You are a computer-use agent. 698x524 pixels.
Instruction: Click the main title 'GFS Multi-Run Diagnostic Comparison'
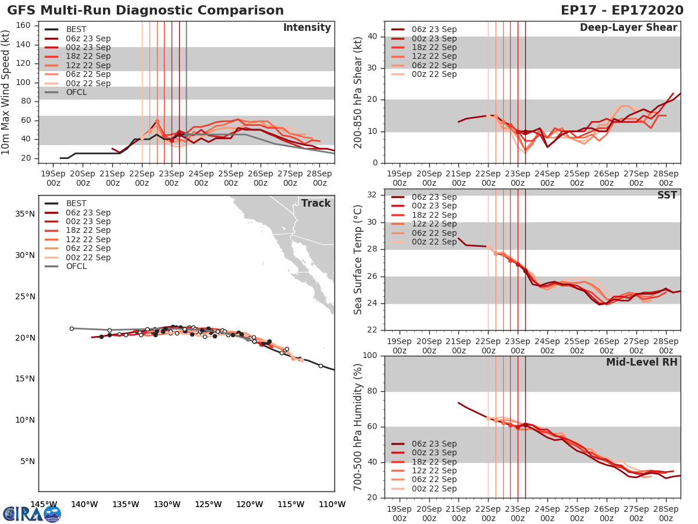[145, 10]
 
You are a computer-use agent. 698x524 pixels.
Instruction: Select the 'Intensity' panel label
[307, 28]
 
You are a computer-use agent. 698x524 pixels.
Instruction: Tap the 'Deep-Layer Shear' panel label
[628, 28]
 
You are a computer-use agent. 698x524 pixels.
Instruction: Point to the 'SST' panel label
[666, 195]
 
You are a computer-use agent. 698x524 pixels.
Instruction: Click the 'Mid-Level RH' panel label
[642, 362]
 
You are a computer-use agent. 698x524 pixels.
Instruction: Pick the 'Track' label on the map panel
[315, 203]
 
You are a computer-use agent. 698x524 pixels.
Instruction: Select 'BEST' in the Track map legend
[76, 203]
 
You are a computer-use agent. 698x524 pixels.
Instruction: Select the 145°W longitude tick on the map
[44, 504]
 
